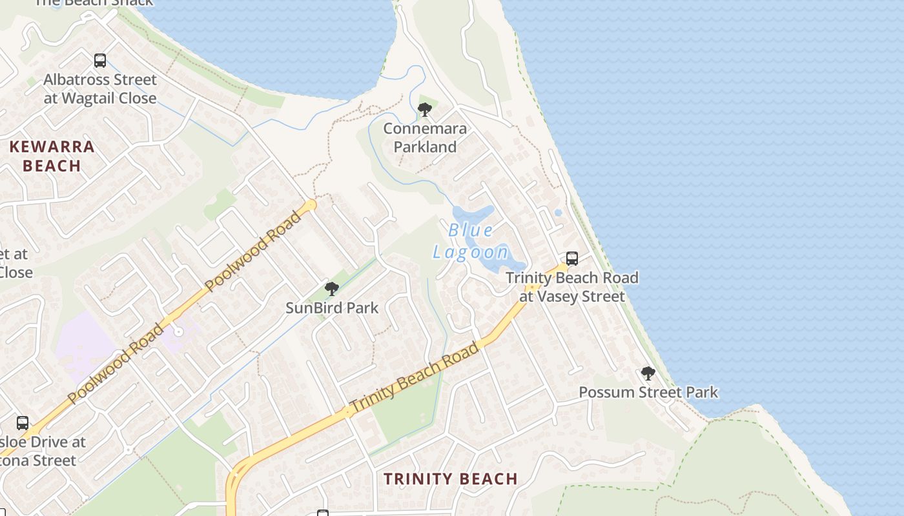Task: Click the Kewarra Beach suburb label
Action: pos(52,156)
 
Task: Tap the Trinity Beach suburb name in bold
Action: pos(451,479)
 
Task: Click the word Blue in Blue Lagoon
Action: pos(471,230)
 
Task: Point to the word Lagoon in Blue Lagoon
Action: pos(471,252)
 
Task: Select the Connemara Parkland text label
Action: pos(424,137)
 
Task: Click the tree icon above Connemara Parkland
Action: pos(424,110)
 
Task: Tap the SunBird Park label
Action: pos(332,308)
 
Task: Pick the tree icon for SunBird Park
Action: pos(332,288)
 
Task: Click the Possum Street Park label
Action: pos(648,392)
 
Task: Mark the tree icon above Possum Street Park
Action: pos(648,373)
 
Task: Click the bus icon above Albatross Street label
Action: pos(100,61)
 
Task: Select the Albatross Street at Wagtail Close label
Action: pos(100,89)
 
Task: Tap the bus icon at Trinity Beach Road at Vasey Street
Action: pos(572,259)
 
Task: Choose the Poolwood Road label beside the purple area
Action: pos(116,364)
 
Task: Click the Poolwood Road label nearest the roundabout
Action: pos(252,250)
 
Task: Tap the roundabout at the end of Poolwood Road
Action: pos(311,205)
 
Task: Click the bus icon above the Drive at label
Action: pos(23,423)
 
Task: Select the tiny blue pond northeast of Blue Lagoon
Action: pos(558,212)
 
